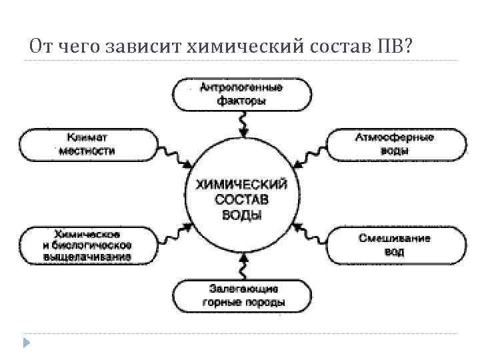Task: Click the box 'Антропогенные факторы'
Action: (x=241, y=95)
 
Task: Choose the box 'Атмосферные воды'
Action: (x=395, y=144)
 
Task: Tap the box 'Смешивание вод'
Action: (x=395, y=245)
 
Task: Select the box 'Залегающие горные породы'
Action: (x=241, y=295)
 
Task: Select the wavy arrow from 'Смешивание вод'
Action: (x=307, y=231)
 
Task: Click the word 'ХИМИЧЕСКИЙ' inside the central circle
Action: (x=241, y=182)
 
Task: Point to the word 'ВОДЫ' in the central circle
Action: (x=241, y=215)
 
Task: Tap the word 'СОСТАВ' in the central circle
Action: (x=241, y=199)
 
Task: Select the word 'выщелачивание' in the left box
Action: (x=87, y=256)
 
